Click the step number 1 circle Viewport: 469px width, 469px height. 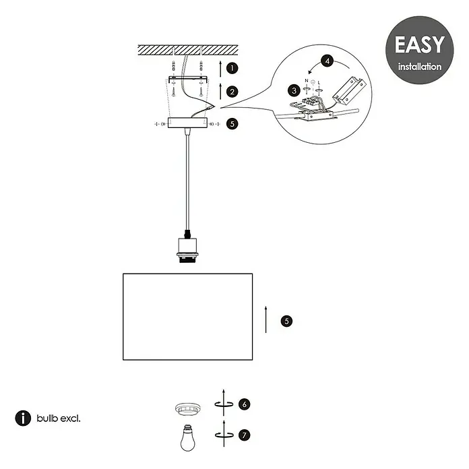(232, 68)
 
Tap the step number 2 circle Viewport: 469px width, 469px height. (232, 92)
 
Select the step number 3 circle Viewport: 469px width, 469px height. (294, 90)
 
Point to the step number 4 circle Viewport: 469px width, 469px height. (327, 61)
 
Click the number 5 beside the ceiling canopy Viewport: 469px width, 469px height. (232, 124)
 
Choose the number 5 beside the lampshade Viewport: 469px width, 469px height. (286, 321)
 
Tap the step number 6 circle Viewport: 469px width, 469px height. (245, 404)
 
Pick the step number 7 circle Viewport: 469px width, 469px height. (245, 435)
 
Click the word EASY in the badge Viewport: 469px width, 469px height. (420, 45)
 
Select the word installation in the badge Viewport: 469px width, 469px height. (420, 67)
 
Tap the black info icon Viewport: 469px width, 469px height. (23, 418)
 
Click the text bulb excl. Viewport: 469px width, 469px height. (59, 418)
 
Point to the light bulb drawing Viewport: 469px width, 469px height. (188, 437)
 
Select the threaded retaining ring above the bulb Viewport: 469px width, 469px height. (188, 408)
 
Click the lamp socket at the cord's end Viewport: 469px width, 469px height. (187, 251)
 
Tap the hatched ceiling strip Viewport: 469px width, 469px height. (188, 50)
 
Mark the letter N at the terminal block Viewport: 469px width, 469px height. (307, 81)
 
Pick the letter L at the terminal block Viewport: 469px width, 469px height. (319, 83)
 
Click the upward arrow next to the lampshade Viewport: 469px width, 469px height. (265, 319)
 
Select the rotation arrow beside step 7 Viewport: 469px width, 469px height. (224, 435)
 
